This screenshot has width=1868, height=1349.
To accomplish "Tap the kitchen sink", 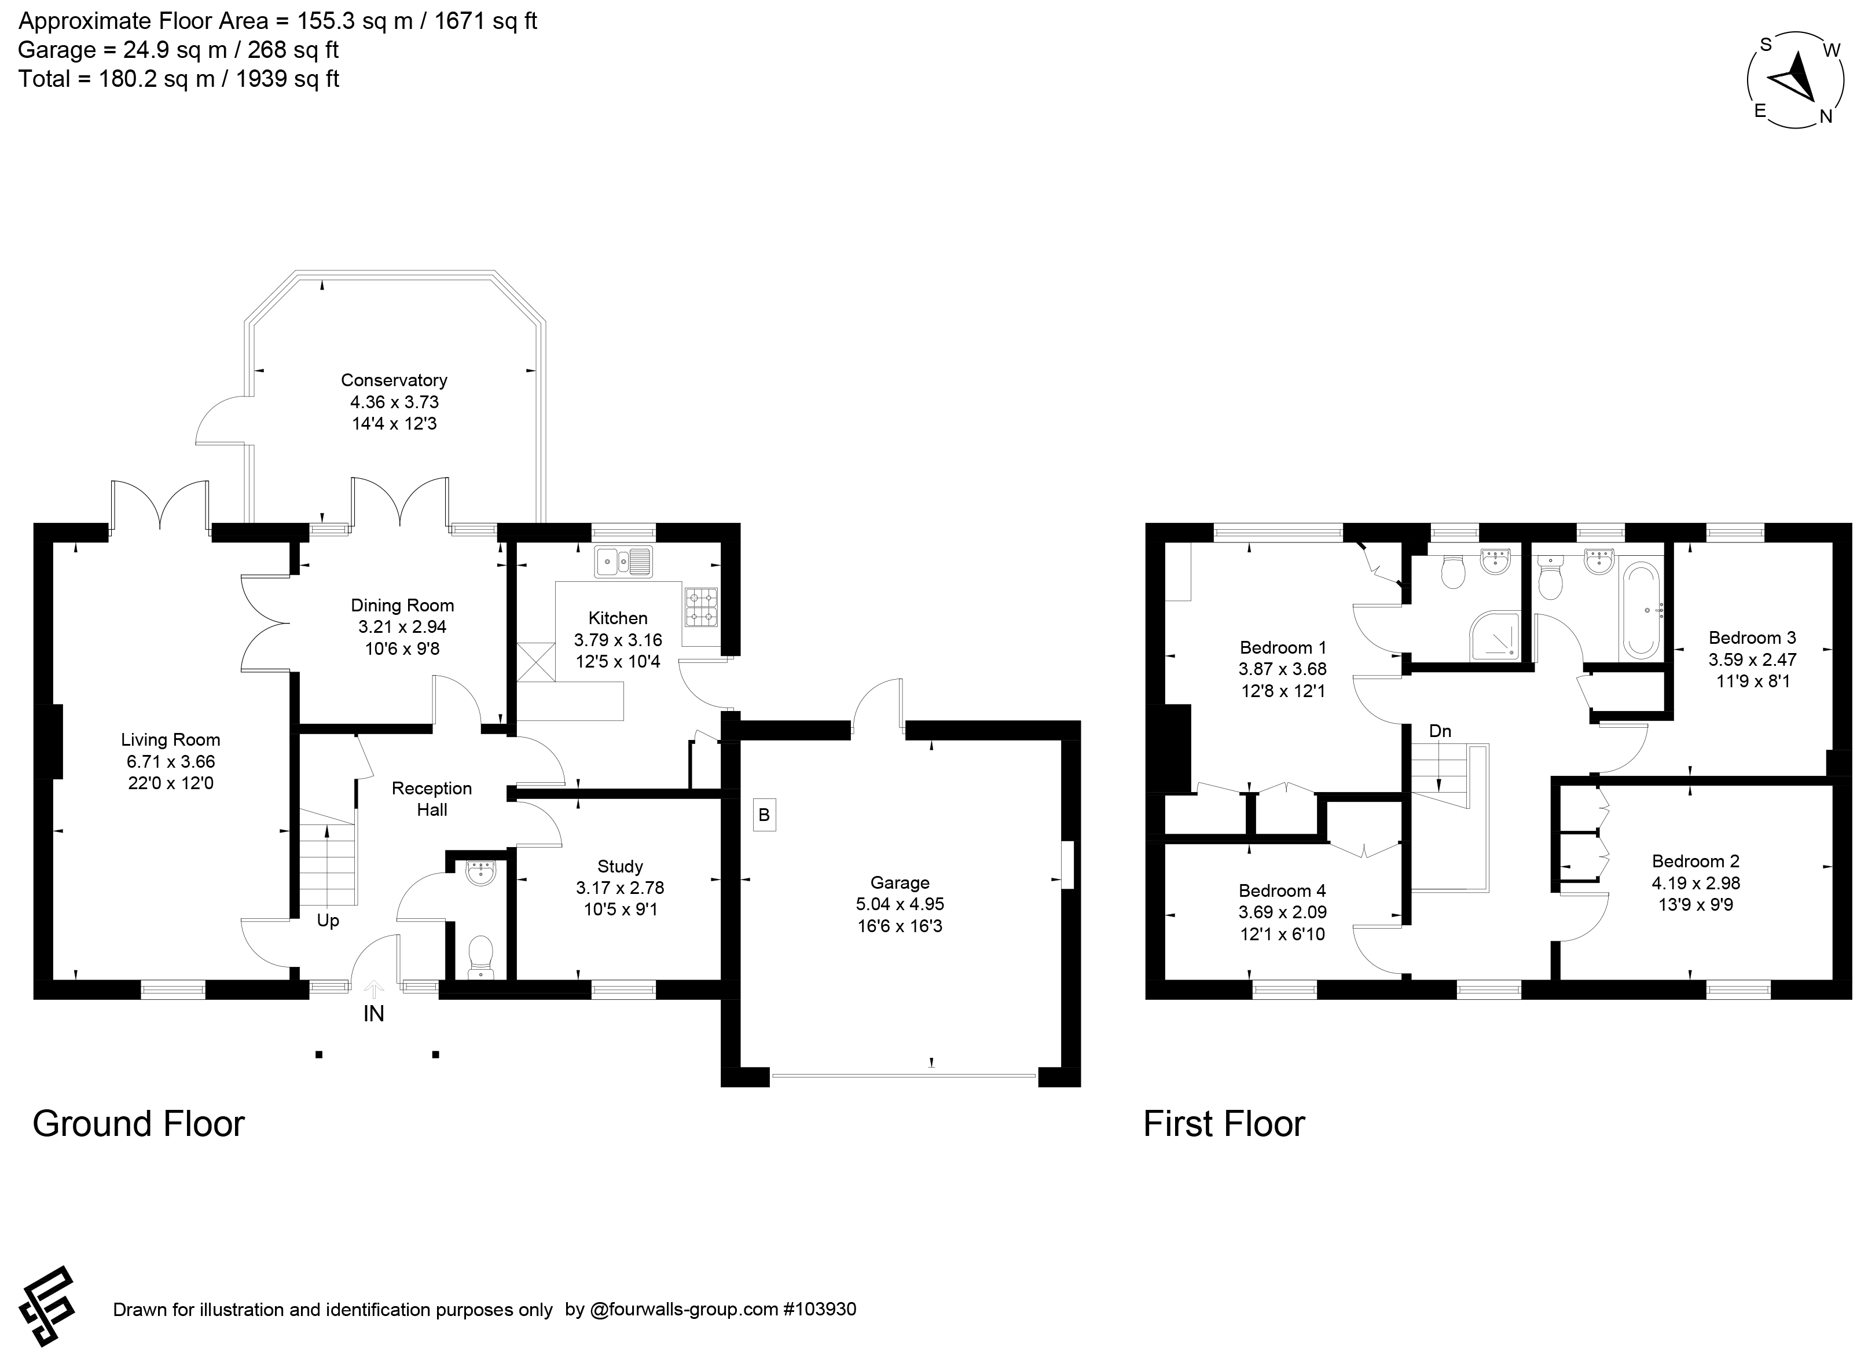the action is [623, 562].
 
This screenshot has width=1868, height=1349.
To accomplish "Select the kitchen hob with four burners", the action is [702, 607].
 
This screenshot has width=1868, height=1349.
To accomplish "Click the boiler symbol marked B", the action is [764, 815].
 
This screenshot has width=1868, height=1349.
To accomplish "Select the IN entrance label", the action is [374, 1014].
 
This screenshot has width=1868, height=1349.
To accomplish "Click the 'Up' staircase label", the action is [328, 921].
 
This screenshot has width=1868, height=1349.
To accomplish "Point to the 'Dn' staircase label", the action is [1440, 731].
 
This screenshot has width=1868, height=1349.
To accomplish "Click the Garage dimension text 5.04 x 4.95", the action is [900, 904].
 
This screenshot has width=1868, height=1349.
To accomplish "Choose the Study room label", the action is [620, 866].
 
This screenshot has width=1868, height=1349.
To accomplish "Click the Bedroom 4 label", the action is [1282, 890].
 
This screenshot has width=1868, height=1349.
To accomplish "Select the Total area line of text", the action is [179, 79].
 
